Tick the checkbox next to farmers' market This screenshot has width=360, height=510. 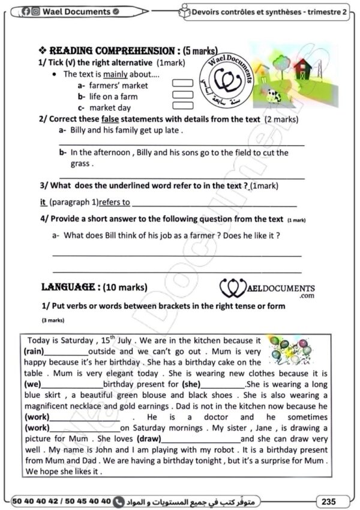pos(182,85)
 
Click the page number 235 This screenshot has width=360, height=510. pos(328,500)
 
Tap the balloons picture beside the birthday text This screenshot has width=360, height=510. pos(290,350)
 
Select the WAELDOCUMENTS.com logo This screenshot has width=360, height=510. pos(268,289)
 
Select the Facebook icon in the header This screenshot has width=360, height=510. pos(26,11)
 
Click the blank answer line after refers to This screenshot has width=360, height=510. pos(204,204)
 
